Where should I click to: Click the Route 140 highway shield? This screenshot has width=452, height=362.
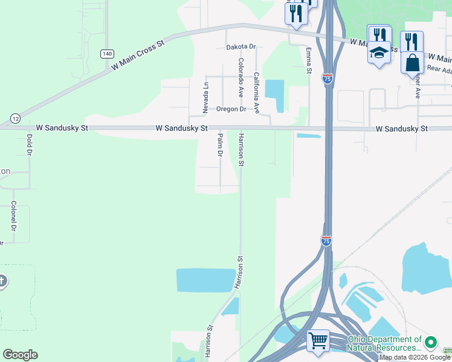[107, 54]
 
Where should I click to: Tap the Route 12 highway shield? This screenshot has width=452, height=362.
[15, 117]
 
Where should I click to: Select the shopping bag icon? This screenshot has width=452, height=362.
[412, 62]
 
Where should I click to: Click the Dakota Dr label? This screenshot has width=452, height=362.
[241, 46]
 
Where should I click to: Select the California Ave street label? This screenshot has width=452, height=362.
[256, 93]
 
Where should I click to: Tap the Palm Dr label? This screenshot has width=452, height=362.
[220, 145]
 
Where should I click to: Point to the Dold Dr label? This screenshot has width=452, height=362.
[29, 143]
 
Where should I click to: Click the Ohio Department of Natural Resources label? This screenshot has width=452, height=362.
[384, 344]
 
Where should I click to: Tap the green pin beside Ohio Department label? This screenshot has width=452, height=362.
[431, 343]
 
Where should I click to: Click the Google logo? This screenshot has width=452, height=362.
[20, 355]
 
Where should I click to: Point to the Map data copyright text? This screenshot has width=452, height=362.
[415, 358]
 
